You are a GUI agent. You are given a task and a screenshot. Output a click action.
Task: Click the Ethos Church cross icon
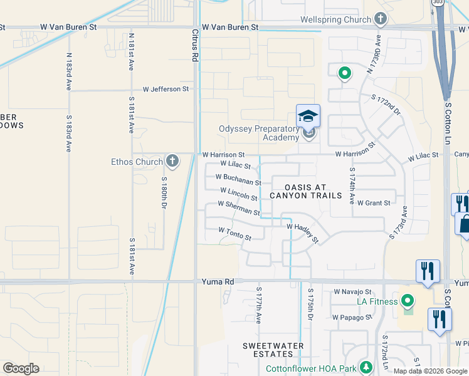point(172,161)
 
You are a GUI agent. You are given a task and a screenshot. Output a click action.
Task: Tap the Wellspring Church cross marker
point(380,19)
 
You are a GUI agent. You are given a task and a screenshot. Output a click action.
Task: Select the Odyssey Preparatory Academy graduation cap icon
point(308,117)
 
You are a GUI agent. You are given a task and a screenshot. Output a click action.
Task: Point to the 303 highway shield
point(437,3)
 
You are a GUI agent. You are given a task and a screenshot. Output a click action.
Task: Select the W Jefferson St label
point(166,89)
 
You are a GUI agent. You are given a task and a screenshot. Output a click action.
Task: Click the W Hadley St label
point(303,231)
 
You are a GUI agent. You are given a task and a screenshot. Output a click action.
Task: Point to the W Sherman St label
point(238,208)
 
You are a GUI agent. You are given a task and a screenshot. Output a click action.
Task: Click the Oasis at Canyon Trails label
point(305,191)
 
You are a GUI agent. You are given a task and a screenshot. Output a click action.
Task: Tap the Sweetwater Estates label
point(273,350)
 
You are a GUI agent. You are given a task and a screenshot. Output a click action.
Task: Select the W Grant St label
point(374,202)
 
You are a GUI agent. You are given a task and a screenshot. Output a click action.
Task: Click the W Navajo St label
point(352,291)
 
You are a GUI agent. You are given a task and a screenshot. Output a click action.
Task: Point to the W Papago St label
point(352,317)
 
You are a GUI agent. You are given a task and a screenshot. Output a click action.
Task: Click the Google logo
point(21,368)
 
